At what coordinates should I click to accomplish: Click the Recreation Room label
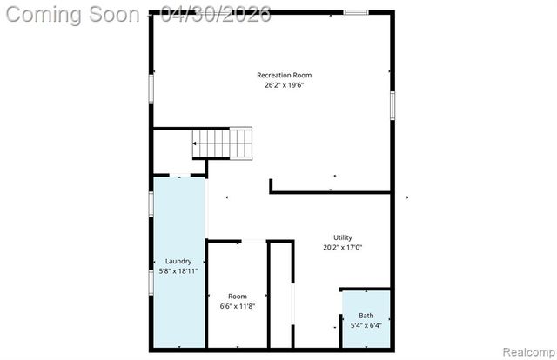click(x=284, y=74)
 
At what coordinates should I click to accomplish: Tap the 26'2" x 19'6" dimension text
click(x=284, y=85)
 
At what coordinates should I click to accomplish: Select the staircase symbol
click(x=223, y=143)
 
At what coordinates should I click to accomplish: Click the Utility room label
click(x=343, y=237)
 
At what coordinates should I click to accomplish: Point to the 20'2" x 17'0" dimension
click(x=343, y=247)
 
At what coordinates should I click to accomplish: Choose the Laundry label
click(x=178, y=261)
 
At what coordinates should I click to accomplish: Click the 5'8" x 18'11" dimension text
click(x=178, y=270)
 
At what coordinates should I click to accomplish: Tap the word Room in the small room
click(x=238, y=297)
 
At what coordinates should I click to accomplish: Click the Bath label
click(x=366, y=316)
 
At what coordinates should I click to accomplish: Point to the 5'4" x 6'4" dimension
click(x=366, y=326)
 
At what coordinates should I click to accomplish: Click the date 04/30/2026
click(x=221, y=15)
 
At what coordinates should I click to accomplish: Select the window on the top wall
click(x=355, y=12)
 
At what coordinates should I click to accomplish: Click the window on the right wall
click(x=392, y=105)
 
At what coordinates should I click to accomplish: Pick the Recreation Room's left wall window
click(x=151, y=90)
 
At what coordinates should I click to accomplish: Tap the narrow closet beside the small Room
click(x=280, y=296)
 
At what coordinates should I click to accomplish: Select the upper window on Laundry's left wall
click(x=151, y=203)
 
